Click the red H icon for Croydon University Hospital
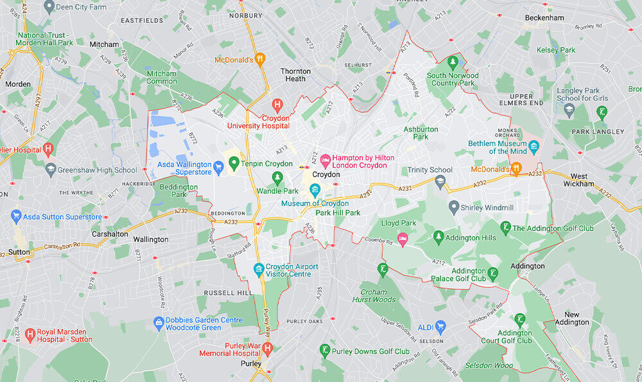[277, 104]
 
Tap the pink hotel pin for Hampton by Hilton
[325, 158]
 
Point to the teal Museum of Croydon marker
[315, 189]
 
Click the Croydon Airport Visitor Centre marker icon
[259, 268]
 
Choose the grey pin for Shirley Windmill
[454, 206]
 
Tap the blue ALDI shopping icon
[440, 327]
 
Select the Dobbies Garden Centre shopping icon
[159, 321]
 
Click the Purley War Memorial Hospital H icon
[268, 347]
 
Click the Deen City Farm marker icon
[49, 6]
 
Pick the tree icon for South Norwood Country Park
[453, 62]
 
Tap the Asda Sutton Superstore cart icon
[16, 217]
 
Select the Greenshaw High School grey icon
[51, 170]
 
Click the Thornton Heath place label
[295, 75]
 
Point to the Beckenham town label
[545, 17]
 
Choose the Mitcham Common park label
[162, 77]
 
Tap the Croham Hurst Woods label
[374, 295]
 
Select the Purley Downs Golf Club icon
[325, 350]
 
